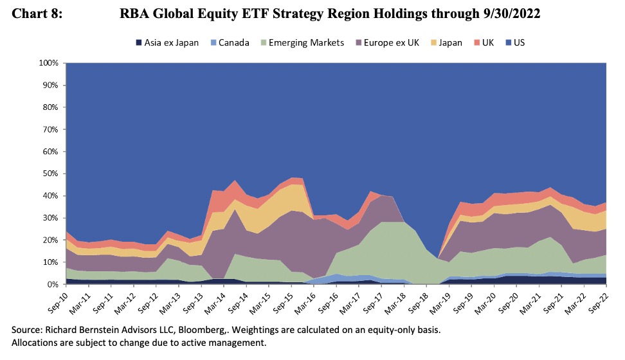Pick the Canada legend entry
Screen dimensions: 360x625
click(231, 43)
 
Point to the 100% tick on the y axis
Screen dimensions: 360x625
click(49, 63)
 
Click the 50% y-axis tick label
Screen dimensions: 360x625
click(51, 174)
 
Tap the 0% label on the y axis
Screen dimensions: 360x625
click(53, 284)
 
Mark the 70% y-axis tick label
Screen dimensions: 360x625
click(51, 129)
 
